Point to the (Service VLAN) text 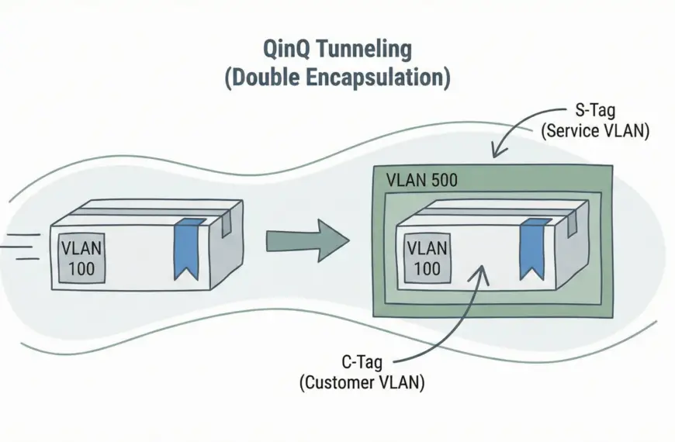coord(594,132)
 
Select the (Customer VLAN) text coord(362,382)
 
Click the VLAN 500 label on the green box coord(421,181)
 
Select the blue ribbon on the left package coord(187,249)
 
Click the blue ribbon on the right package coord(532,248)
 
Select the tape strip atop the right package coord(489,210)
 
